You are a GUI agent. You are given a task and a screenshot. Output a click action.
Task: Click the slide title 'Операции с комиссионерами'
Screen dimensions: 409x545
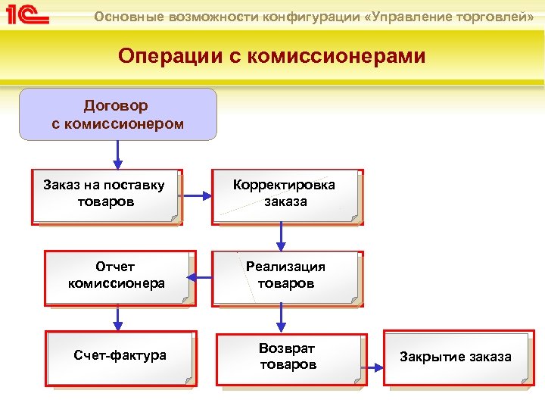272,57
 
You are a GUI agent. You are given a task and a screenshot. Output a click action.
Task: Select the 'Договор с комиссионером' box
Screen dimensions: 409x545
118,114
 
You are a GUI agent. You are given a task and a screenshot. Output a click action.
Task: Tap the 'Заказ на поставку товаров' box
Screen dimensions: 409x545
106,195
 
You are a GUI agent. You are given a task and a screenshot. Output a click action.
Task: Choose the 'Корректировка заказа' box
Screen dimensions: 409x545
286,195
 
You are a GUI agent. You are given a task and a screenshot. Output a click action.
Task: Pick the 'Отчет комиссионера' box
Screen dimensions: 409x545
118,277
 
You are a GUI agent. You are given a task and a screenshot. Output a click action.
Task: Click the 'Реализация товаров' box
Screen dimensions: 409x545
286,277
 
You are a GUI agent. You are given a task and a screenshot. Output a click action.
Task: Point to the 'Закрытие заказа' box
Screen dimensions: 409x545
457,357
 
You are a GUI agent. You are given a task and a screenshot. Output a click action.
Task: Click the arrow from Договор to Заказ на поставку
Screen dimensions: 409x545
118,155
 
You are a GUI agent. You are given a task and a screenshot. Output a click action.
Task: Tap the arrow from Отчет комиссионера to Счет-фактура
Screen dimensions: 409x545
118,317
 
